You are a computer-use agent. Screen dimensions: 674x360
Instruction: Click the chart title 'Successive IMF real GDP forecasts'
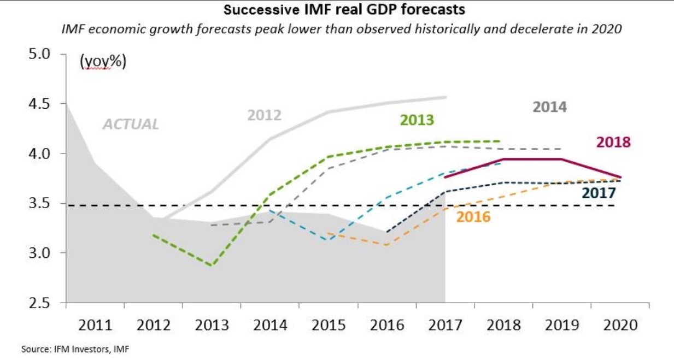tap(344, 9)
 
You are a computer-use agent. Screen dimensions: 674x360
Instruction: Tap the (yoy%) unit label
tap(103, 61)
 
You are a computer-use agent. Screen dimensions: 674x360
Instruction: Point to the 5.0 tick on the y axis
tap(39, 54)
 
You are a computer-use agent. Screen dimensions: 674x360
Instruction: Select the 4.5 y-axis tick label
tap(39, 104)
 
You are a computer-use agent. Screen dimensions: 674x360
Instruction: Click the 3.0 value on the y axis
tap(39, 253)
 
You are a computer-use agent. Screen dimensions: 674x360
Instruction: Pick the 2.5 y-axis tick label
tap(39, 303)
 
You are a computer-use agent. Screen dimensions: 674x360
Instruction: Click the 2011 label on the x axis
tap(95, 325)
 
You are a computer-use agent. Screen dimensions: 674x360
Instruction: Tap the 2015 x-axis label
tap(329, 325)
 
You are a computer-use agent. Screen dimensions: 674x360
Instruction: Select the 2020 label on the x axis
tap(620, 325)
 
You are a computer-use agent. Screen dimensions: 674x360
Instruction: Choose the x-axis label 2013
tap(212, 325)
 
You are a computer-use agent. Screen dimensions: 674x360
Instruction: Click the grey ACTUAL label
tap(131, 124)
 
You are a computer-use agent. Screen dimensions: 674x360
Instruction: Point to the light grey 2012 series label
tap(264, 115)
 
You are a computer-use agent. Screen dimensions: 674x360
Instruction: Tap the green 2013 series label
tap(417, 120)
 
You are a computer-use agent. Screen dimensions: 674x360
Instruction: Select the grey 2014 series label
tap(550, 107)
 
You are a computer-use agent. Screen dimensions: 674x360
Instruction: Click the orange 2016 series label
tap(473, 217)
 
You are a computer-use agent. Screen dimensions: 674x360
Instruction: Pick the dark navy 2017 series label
tap(599, 193)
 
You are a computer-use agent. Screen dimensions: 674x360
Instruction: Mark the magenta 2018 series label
tap(613, 142)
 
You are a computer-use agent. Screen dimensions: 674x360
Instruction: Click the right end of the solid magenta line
tap(620, 177)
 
